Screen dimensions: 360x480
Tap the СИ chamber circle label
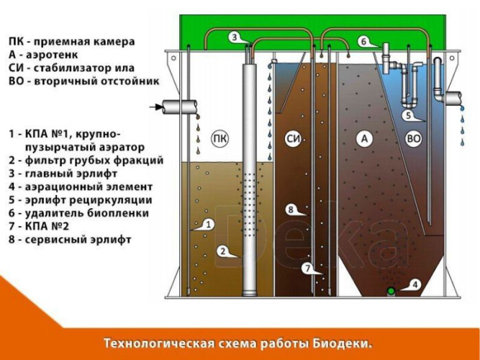coord(292,140)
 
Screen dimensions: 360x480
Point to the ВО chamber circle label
coord(413,140)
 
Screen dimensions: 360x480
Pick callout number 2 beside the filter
coord(223,251)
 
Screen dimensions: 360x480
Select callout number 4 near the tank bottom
coord(415,284)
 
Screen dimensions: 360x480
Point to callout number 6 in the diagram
coord(363,42)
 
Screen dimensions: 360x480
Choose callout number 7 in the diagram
coord(307,269)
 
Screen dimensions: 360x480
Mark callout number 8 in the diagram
coord(290,210)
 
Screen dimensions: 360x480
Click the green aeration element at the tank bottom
coord(391,290)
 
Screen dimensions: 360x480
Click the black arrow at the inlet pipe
coord(154,107)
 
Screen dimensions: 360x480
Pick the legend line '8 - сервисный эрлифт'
coord(70,240)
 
